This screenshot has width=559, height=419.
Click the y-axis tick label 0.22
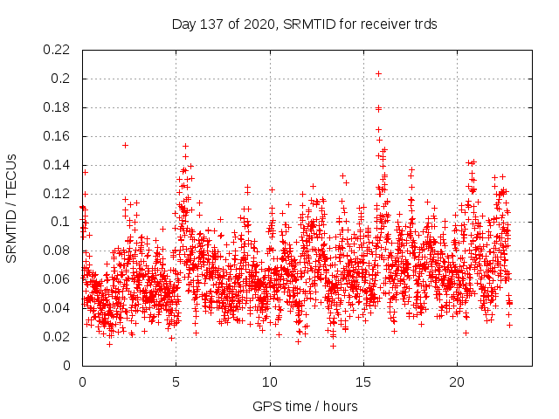click(58, 50)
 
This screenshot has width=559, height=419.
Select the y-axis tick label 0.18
click(58, 107)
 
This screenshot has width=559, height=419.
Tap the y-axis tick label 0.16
click(58, 136)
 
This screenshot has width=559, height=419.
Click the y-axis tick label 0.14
click(58, 165)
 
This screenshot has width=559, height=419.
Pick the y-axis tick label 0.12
click(58, 193)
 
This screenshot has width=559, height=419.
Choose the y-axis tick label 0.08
click(58, 251)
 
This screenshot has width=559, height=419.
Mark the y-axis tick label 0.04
click(58, 308)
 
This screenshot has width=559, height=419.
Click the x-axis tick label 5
click(176, 381)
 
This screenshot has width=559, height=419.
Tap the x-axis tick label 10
click(270, 381)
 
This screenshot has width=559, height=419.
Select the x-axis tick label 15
click(363, 381)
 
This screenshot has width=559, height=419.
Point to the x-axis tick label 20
click(457, 381)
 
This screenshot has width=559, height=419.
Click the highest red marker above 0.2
click(378, 73)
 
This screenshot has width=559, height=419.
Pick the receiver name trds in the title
click(424, 24)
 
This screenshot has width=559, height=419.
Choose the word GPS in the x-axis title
click(264, 406)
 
